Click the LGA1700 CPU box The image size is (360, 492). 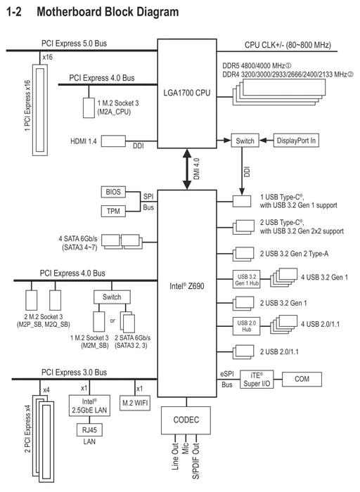[x=187, y=93]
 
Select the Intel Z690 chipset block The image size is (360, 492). [x=187, y=293]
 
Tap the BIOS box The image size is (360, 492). [x=113, y=192]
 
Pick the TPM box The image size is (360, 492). [x=113, y=211]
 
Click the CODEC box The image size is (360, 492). [x=186, y=420]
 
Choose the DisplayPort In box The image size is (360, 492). [x=296, y=141]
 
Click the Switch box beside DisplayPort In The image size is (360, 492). [x=245, y=141]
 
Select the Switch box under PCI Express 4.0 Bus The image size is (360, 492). [x=112, y=297]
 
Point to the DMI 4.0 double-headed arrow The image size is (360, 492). [x=187, y=169]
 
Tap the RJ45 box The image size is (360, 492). [x=89, y=430]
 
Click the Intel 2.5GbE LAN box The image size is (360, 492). [x=89, y=406]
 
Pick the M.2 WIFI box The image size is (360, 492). [x=135, y=403]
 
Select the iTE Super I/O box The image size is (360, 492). [x=257, y=380]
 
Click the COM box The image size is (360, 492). [x=302, y=379]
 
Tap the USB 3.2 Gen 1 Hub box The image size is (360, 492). [x=246, y=279]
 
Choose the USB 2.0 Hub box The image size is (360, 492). [x=246, y=326]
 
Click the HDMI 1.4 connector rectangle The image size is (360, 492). [x=113, y=141]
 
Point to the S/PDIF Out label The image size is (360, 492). [x=196, y=461]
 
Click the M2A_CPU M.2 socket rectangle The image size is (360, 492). [x=89, y=108]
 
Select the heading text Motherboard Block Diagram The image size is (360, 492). [x=108, y=12]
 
